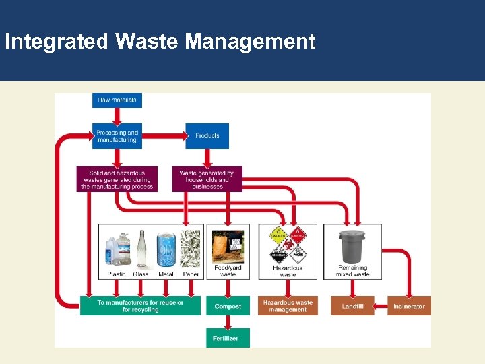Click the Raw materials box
click(x=117, y=100)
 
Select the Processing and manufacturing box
click(x=117, y=136)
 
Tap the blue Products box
click(x=207, y=136)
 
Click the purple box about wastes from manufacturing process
click(x=117, y=179)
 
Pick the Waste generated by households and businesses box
click(x=207, y=179)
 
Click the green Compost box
click(x=228, y=306)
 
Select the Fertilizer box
click(x=228, y=338)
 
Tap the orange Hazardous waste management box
click(x=288, y=306)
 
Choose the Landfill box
click(x=352, y=306)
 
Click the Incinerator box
click(x=409, y=306)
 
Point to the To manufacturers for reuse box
click(x=140, y=306)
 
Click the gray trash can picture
click(x=353, y=247)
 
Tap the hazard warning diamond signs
click(x=288, y=245)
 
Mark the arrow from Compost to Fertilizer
click(x=228, y=322)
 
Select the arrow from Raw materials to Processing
click(x=117, y=115)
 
